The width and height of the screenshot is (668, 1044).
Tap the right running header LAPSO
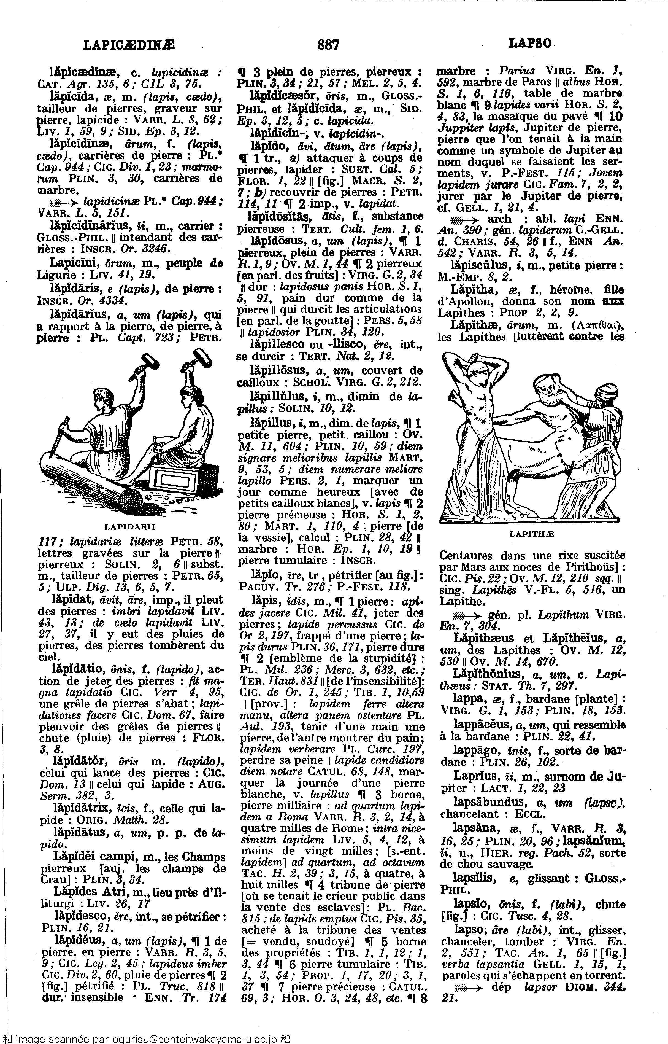[530, 43]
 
